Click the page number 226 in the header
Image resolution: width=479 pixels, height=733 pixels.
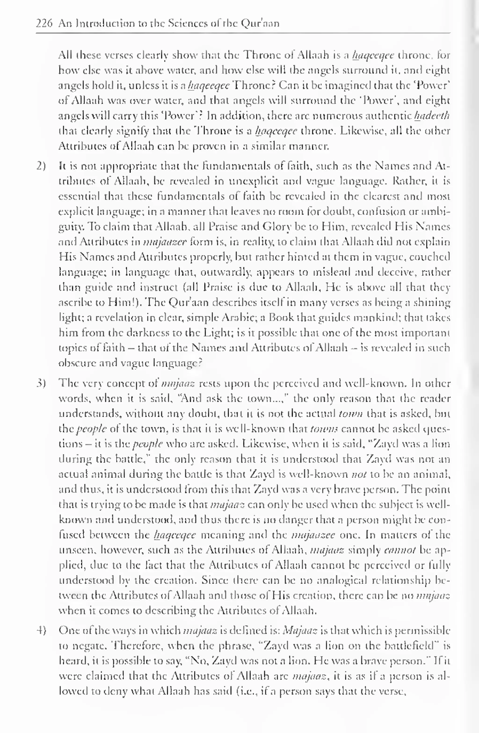tap(44, 23)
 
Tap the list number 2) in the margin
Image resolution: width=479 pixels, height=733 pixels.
tap(41, 166)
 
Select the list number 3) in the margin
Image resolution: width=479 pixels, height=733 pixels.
tap(41, 383)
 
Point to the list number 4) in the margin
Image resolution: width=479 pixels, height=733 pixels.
tap(41, 630)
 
